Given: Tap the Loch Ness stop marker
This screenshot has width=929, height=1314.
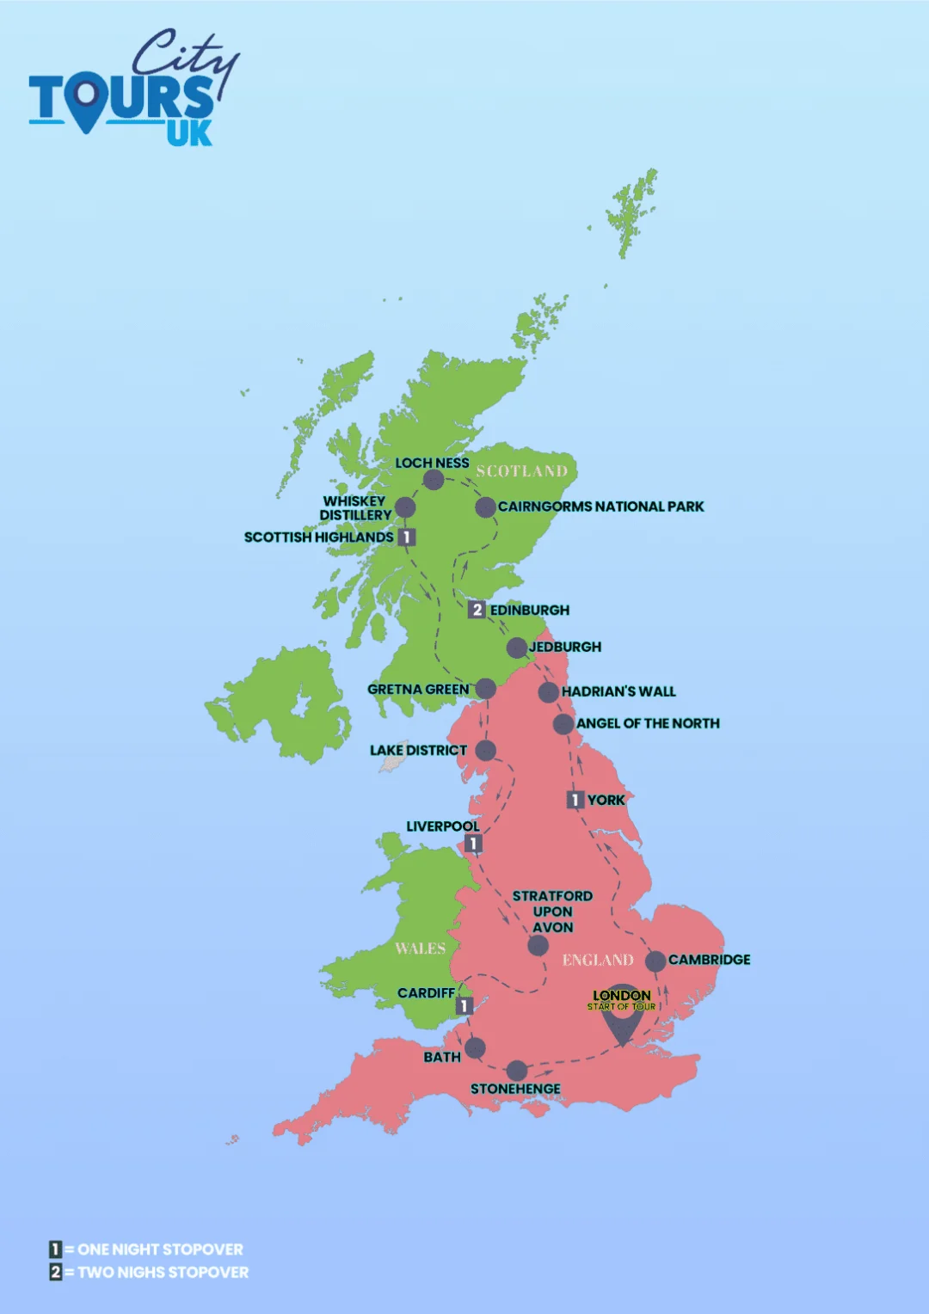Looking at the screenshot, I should tap(434, 479).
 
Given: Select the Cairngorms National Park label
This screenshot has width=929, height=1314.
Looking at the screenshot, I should tap(600, 507).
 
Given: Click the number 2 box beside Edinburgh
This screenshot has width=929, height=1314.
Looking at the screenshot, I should tap(477, 610).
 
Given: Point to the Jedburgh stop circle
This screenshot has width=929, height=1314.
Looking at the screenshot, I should tap(516, 647).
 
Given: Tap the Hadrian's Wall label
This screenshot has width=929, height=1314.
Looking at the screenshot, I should tap(618, 691).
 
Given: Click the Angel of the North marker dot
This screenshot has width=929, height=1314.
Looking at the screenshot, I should tap(563, 724).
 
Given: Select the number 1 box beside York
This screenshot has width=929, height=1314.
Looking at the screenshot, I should tap(575, 800).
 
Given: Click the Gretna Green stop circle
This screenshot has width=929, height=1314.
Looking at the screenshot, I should tap(485, 689).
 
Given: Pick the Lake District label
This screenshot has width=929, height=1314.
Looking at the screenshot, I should tap(418, 750).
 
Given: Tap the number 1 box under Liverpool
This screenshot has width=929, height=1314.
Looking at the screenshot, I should tap(472, 844).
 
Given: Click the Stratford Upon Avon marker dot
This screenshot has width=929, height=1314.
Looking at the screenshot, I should tap(538, 946).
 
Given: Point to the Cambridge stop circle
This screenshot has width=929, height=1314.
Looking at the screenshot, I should tap(655, 961).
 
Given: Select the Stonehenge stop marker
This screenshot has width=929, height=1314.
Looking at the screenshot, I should tap(516, 1071).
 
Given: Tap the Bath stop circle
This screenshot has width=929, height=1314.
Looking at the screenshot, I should tap(475, 1047).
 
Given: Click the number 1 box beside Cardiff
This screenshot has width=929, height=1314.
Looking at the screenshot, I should tap(464, 1005).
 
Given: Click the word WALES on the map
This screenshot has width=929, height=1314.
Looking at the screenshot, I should tap(420, 949).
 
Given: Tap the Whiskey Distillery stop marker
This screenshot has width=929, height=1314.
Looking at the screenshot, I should tap(404, 507).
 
